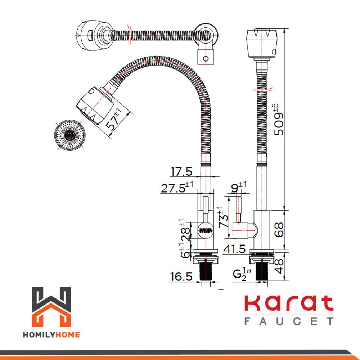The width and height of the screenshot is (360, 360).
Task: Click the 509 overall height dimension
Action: (x=279, y=120)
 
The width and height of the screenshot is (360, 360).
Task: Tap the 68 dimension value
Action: (x=279, y=229)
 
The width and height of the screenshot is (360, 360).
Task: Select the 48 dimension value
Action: (x=279, y=266)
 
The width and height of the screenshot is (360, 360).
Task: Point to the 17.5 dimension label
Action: (x=181, y=171)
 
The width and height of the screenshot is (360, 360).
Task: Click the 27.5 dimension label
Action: (x=177, y=187)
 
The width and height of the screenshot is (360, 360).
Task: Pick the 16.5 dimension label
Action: (x=181, y=276)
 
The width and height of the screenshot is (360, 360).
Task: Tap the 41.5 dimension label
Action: (x=234, y=249)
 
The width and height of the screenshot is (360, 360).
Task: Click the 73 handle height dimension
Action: (x=224, y=217)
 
